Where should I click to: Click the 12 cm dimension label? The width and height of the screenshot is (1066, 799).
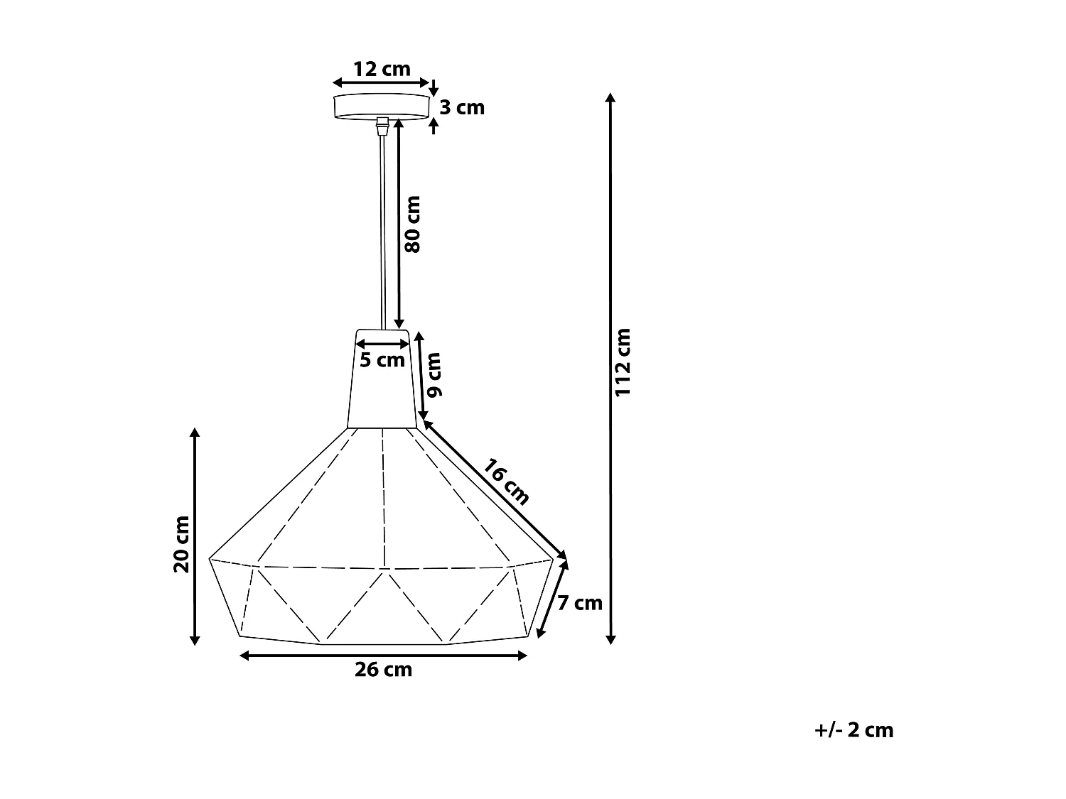click(x=382, y=69)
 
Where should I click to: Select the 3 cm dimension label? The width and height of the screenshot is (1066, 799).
click(x=461, y=107)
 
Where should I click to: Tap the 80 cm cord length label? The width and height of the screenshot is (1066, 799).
click(x=412, y=224)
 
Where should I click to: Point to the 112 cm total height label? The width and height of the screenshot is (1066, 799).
click(x=623, y=362)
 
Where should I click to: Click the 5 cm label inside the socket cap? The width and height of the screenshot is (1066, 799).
click(x=382, y=360)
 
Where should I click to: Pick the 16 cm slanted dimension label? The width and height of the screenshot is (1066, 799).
click(x=506, y=482)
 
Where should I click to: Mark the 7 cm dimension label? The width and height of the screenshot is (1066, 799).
click(x=579, y=603)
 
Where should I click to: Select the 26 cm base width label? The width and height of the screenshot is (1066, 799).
click(x=383, y=670)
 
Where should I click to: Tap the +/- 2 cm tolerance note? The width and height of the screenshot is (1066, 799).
click(x=854, y=730)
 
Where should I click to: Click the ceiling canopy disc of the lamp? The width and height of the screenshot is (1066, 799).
click(x=382, y=104)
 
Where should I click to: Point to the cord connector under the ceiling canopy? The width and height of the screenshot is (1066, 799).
click(x=382, y=126)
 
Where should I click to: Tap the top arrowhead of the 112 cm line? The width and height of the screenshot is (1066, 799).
click(x=610, y=97)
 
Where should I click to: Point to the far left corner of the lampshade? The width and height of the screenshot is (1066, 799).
click(x=210, y=559)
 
